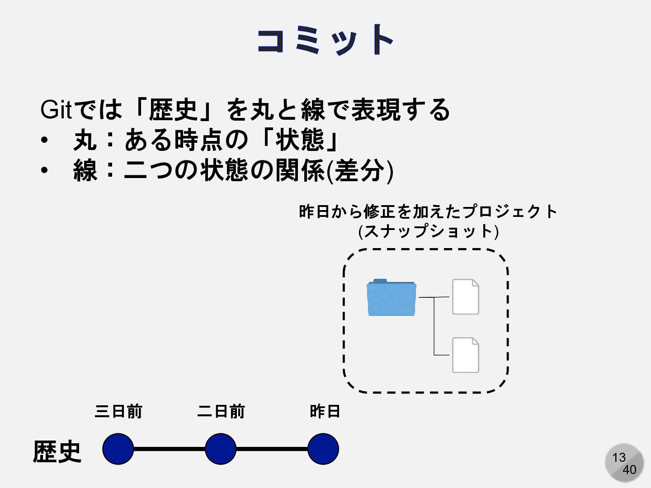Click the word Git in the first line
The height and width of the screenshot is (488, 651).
(x=56, y=109)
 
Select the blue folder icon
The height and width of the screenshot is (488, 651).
(x=392, y=297)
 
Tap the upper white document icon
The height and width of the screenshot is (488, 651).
(x=466, y=296)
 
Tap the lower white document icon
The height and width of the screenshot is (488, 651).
(x=466, y=355)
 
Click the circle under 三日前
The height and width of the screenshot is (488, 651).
(x=118, y=449)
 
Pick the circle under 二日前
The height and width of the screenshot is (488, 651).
(x=221, y=449)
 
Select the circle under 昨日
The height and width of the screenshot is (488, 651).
(x=323, y=449)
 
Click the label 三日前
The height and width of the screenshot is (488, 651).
(x=118, y=412)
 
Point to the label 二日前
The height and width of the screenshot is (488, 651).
(x=221, y=412)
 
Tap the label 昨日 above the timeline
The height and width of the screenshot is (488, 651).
(x=325, y=412)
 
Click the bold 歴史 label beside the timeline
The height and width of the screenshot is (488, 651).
(x=57, y=451)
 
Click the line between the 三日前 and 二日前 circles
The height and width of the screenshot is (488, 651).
(x=170, y=449)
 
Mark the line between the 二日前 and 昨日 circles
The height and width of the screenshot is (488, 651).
(x=272, y=449)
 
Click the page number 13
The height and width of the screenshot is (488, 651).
(x=618, y=457)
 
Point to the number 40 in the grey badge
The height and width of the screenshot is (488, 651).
(x=629, y=470)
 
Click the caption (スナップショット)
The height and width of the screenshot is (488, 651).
(x=428, y=231)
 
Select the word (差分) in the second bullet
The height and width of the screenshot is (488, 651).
(x=360, y=171)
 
